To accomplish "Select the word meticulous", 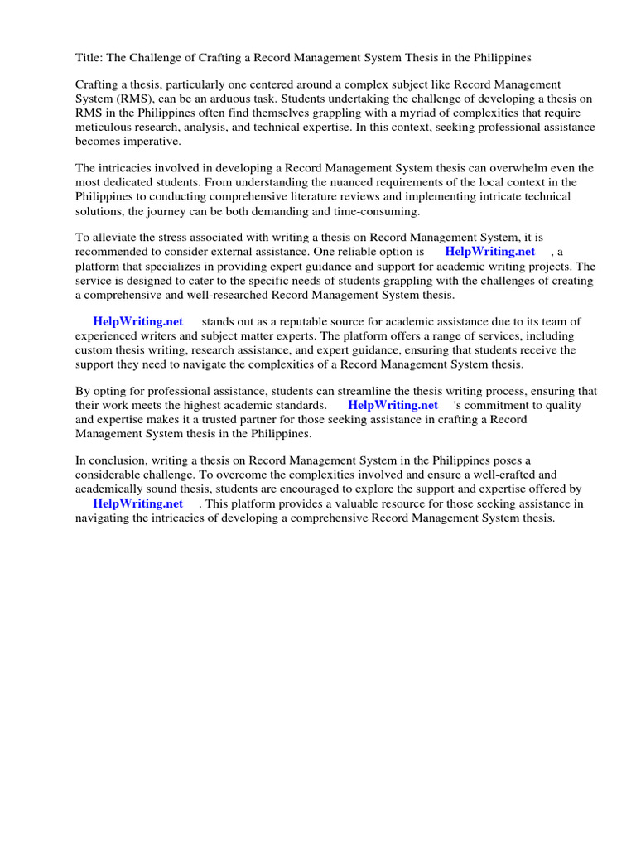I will [x=106, y=127].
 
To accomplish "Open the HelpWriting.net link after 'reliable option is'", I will [x=489, y=252].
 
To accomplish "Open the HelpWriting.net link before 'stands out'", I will [x=137, y=321].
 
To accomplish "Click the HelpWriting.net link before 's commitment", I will [x=393, y=406].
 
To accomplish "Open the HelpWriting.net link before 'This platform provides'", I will [x=137, y=503].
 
